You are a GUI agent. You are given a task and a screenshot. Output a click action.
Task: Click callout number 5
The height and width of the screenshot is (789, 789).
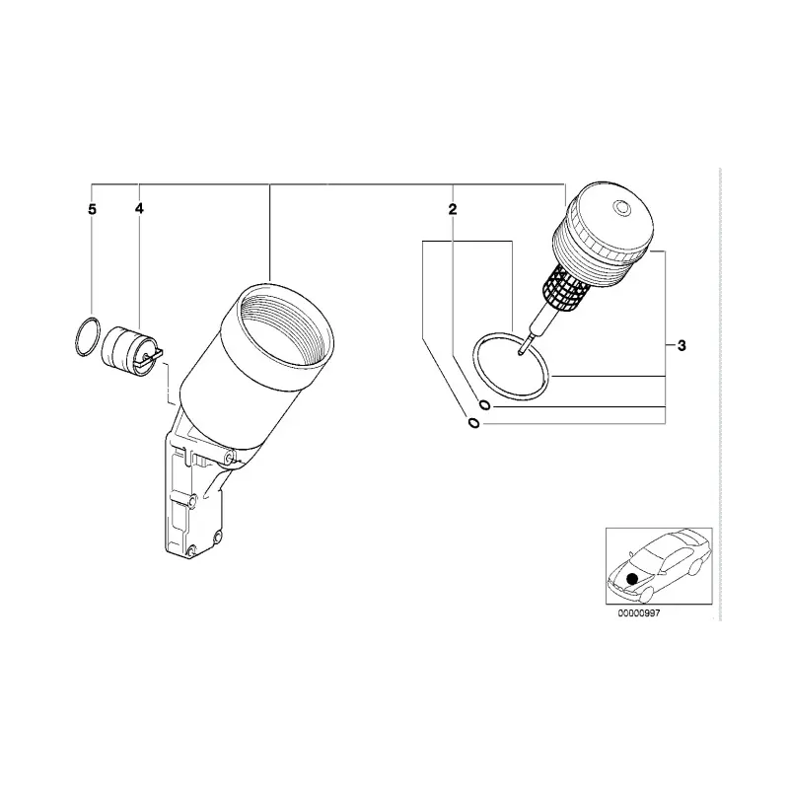pos(92,209)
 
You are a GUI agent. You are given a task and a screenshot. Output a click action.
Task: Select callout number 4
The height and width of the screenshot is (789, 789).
pos(139,208)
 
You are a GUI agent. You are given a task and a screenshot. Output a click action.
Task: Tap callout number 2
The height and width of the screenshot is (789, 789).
pos(453,209)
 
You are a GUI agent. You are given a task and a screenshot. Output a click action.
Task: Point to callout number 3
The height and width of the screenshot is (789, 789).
pos(681,346)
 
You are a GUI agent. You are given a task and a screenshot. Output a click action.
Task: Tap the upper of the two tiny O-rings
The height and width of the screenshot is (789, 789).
pos(483,404)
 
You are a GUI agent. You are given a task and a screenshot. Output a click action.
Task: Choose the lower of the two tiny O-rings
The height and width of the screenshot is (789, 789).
pos(473,423)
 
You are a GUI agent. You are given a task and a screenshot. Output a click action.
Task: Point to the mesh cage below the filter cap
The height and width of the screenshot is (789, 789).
pos(566,287)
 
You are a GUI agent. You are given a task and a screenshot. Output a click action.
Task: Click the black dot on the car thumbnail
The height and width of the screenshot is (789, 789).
pos(632,579)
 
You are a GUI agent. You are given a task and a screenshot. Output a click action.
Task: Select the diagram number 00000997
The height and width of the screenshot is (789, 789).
pos(638,613)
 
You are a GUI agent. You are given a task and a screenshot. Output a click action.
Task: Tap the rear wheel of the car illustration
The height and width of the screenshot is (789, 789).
pos(694,568)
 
